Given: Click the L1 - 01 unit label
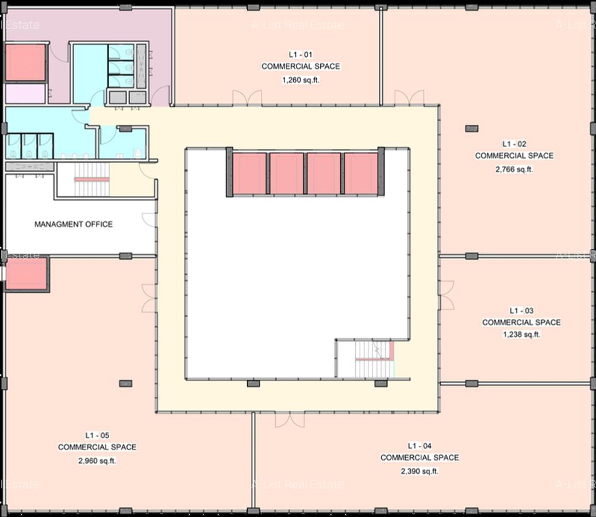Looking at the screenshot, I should (301, 55).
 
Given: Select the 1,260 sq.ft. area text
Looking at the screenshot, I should (301, 80).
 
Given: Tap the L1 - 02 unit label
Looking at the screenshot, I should (514, 144).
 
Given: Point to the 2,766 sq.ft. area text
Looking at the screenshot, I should (514, 169).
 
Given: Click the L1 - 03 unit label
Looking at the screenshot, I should (521, 311).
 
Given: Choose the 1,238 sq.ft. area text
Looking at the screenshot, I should (521, 334).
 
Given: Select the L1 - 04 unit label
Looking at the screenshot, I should (420, 446).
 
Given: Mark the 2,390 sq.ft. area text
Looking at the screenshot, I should (420, 471).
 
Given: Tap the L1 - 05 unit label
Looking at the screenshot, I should (97, 435).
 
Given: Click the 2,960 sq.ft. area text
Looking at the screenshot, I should (97, 461).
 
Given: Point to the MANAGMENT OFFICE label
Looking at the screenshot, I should (74, 224).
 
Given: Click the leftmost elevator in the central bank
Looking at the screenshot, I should (249, 174).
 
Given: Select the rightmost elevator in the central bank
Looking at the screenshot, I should (360, 174).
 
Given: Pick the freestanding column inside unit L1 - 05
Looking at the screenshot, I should (125, 383).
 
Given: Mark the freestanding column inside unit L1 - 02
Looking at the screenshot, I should (471, 128).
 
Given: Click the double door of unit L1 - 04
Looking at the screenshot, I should (290, 419).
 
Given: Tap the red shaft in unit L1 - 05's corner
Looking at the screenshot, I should (26, 273).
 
